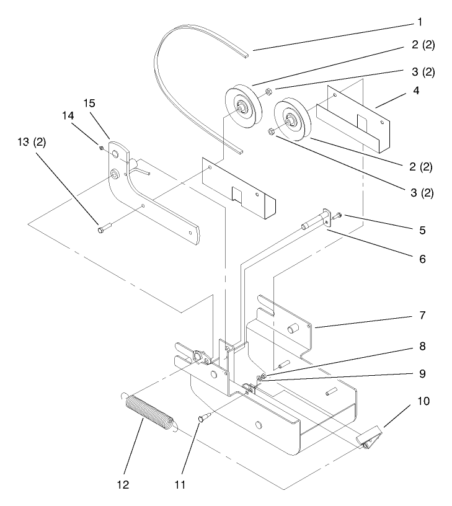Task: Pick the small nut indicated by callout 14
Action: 100,147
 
